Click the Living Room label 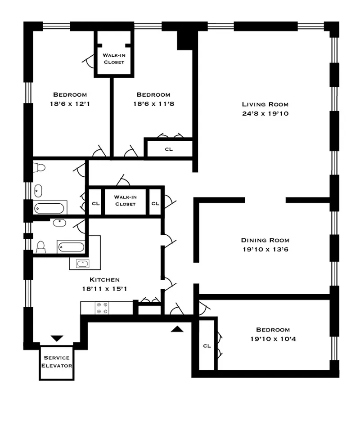coord(265,104)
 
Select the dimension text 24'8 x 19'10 coord(265,114)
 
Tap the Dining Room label coord(265,240)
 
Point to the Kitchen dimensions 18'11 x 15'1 coord(104,289)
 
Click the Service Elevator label coord(56,362)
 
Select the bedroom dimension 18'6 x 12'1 coord(70,104)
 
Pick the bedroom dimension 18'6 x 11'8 coord(153,104)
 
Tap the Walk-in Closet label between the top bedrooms coord(114,58)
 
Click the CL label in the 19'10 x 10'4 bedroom coord(207,346)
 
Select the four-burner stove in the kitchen coord(102,308)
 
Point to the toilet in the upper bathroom coord(39,168)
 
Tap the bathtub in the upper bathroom coord(49,208)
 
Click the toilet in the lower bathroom coord(40,247)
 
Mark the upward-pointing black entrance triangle coord(178,329)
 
